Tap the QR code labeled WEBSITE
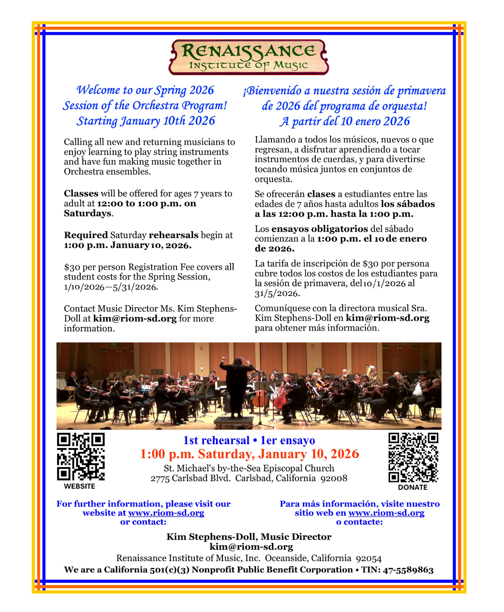pyautogui.click(x=81, y=456)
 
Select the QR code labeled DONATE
pyautogui.click(x=413, y=457)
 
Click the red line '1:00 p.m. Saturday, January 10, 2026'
pyautogui.click(x=250, y=454)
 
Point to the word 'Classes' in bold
pyautogui.click(x=81, y=193)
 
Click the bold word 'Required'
pyautogui.click(x=86, y=235)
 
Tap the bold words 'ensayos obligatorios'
pyautogui.click(x=320, y=229)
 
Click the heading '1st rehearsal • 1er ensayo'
pyautogui.click(x=249, y=440)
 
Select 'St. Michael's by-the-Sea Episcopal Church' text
pyautogui.click(x=249, y=468)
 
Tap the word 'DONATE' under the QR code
pyautogui.click(x=413, y=487)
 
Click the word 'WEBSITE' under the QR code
pyautogui.click(x=79, y=486)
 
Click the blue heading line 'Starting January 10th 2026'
pyautogui.click(x=146, y=121)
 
